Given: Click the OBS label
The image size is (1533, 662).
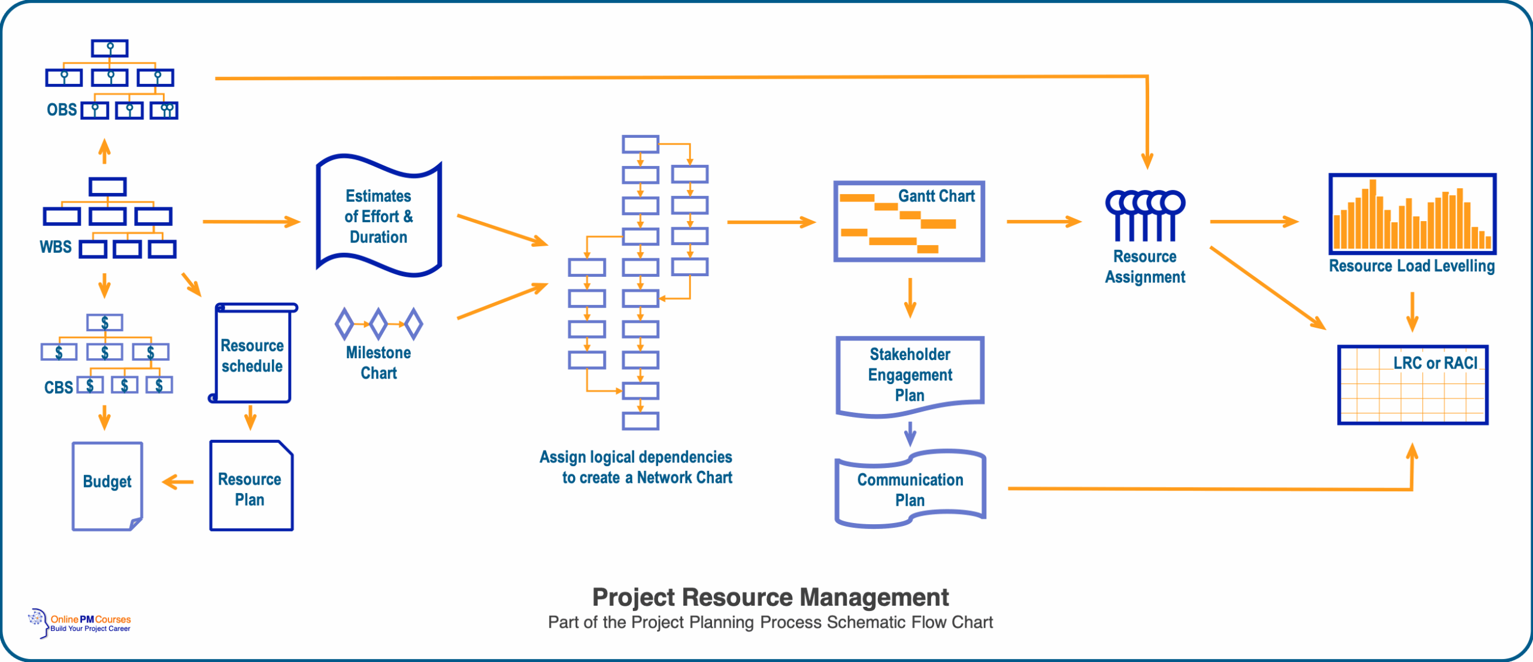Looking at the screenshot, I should (61, 110).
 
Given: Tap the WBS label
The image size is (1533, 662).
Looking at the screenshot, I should (55, 247).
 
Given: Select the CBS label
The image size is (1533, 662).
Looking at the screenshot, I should (58, 388).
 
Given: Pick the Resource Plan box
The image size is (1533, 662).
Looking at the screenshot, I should (251, 487).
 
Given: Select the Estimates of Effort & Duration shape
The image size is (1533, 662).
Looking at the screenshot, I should (378, 216).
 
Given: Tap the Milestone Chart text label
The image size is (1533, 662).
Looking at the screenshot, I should (378, 362).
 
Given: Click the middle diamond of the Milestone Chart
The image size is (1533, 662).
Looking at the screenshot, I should (378, 324).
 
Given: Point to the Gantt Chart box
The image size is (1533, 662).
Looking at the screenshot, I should (909, 222).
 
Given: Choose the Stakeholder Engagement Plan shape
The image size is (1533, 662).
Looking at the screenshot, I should (910, 375).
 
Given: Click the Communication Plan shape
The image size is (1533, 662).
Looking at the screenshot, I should (910, 489).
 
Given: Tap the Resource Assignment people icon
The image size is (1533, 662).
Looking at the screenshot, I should (1145, 216).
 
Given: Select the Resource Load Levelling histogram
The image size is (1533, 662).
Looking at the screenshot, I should (1412, 214).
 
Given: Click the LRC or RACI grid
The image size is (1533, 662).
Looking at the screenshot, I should (1413, 385).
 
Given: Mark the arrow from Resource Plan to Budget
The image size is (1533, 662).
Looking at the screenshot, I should (178, 482).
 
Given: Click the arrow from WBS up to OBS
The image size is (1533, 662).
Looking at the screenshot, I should (104, 152).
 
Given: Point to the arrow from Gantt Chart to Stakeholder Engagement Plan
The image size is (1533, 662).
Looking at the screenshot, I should (910, 298).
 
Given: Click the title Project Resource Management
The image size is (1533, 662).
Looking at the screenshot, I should (770, 597).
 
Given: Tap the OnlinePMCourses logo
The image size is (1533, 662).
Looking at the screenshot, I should (80, 623).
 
